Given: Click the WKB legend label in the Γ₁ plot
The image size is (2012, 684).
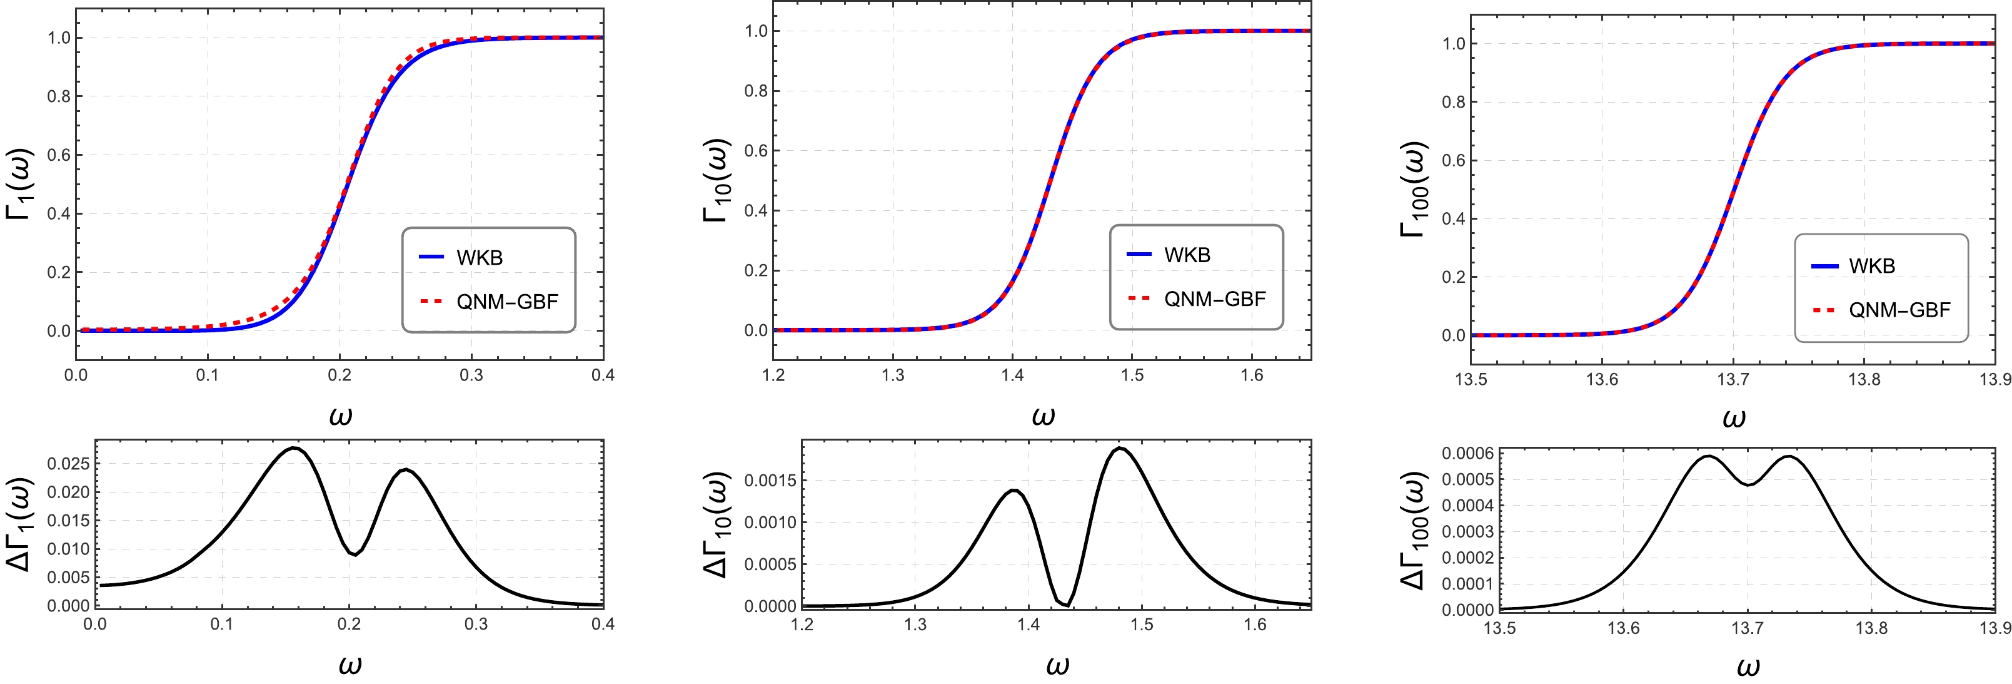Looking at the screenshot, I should (x=480, y=258).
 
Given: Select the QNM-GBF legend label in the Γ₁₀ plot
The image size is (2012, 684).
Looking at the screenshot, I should (x=1215, y=299).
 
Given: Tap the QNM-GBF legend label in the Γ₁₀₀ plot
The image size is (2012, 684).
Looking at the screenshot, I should (x=1899, y=310).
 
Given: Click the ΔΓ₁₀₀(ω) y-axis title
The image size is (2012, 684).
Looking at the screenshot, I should (x=1412, y=531).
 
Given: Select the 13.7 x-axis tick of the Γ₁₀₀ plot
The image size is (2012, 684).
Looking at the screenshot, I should (x=1733, y=380).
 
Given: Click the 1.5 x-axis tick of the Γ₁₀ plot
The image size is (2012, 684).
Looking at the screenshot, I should (x=1132, y=375).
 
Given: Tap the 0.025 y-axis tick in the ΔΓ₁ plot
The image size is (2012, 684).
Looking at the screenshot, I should (x=68, y=464).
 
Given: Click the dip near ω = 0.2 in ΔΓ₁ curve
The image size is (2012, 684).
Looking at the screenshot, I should (x=355, y=554).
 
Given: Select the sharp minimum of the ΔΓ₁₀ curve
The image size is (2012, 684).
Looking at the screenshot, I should (x=1066, y=605).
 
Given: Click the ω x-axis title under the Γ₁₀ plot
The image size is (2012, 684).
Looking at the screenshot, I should (x=1043, y=417).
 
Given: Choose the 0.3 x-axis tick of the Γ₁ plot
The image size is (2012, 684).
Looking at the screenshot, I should (x=471, y=375).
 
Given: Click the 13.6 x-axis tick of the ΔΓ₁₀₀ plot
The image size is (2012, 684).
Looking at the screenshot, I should (x=1623, y=628).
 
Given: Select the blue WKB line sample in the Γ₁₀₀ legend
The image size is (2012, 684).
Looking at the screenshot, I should (x=1824, y=267).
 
